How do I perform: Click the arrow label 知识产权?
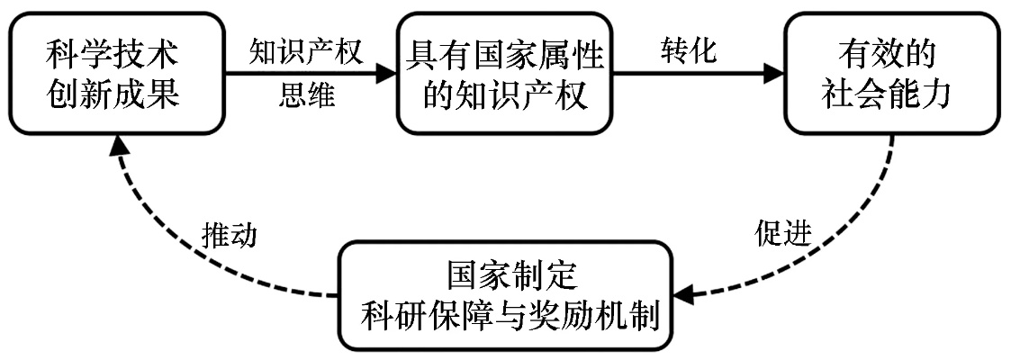(x=306, y=52)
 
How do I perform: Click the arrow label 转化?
(x=688, y=52)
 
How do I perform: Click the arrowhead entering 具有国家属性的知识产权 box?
(x=386, y=75)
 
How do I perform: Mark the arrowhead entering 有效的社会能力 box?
(x=773, y=75)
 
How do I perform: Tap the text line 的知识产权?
(x=505, y=94)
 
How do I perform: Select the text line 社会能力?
(x=887, y=94)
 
